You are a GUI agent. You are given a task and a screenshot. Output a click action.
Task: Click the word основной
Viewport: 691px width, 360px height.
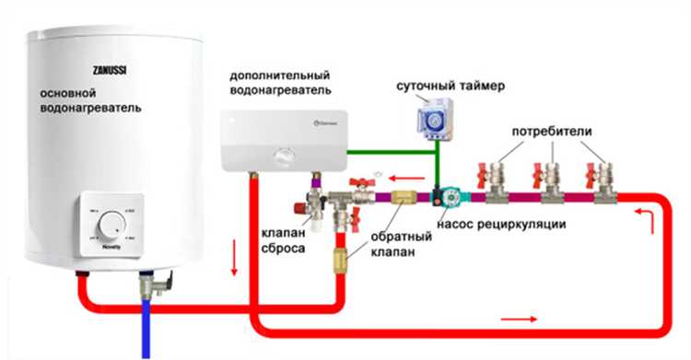[66, 94]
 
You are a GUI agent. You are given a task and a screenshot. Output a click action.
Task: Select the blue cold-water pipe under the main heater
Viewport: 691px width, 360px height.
[146, 322]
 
